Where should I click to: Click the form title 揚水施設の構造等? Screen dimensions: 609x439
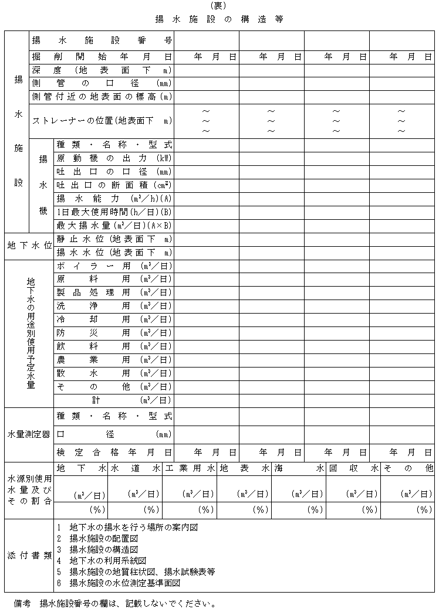pos(219,19)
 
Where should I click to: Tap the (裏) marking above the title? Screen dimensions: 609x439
pos(219,6)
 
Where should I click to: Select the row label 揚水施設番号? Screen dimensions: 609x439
pos(102,41)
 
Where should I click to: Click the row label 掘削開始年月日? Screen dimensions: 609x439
pos(102,57)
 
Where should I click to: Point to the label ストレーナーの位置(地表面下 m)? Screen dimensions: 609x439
pos(102,121)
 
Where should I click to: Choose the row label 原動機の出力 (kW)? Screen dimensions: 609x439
pos(114,158)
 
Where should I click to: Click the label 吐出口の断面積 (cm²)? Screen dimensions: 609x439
pos(114,185)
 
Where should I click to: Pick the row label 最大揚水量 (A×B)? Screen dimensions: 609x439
pos(114,226)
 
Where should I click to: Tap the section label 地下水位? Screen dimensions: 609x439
pos(29,246)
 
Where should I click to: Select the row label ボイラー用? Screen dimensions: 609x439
pos(114,266)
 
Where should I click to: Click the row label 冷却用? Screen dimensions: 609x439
pos(114,319)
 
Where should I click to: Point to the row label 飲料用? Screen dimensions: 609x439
pos(114,346)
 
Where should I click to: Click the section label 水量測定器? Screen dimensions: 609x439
pos(29,434)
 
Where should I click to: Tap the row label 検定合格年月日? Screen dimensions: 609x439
pos(114,453)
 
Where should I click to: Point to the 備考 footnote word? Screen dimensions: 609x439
pos(22,603)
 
